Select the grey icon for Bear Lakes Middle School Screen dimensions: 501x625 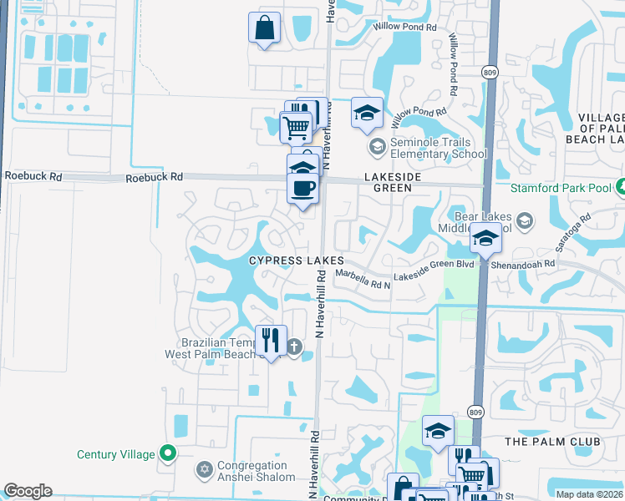coord(524,221)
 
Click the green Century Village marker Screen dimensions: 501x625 coord(168,453)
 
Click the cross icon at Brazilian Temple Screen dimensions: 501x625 coord(293,347)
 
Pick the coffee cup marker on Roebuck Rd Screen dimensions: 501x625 coord(302,187)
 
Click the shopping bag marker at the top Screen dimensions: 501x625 coord(264,28)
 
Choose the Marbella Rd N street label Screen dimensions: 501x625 coord(362,280)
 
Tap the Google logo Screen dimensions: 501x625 coord(28,491)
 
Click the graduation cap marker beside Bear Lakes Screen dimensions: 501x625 coord(485,237)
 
